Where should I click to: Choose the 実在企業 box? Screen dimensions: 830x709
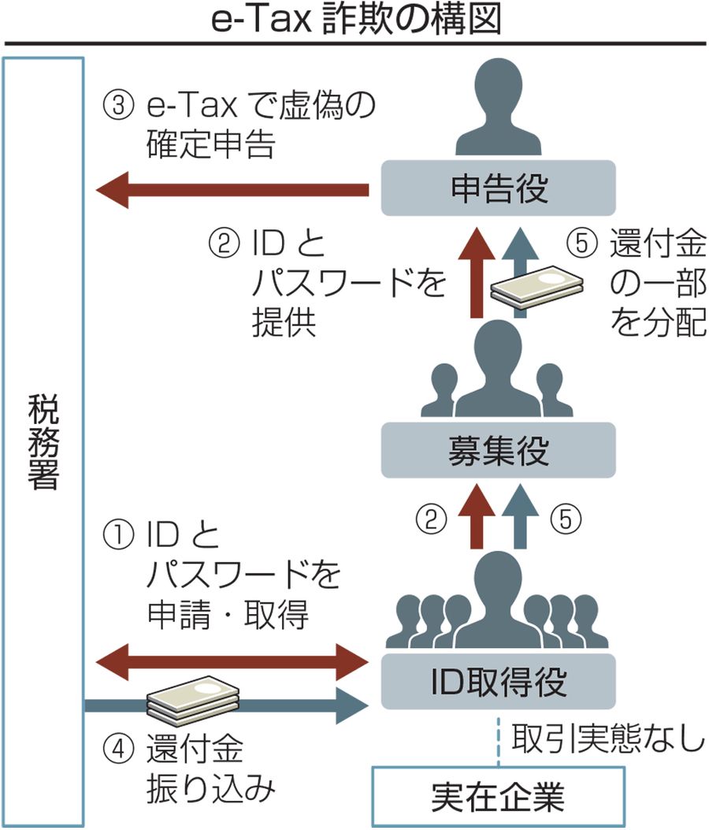click(498, 797)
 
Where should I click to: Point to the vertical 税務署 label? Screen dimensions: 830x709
click(43, 441)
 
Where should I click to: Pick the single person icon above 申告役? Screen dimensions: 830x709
click(499, 110)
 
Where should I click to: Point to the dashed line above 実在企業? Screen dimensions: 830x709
click(499, 741)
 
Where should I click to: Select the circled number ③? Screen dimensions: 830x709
click(118, 106)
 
